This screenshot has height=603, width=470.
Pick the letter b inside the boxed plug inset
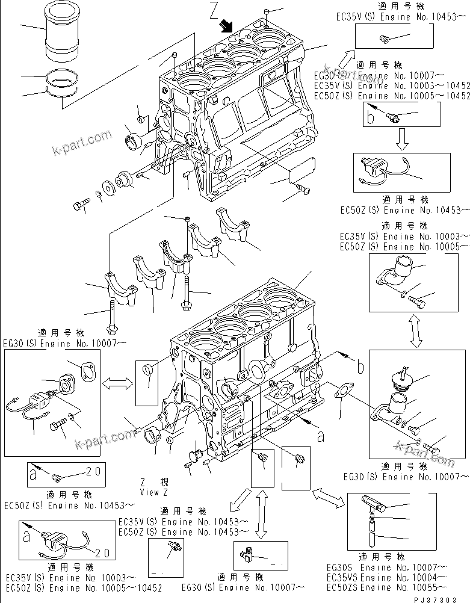click(372, 117)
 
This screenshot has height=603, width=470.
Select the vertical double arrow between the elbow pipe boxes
click(413, 330)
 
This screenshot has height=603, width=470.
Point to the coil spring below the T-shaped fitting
click(374, 516)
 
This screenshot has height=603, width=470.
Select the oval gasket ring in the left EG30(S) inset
click(87, 370)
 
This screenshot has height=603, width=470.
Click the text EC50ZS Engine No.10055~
click(386, 587)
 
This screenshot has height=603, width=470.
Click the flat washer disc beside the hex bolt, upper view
click(111, 187)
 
